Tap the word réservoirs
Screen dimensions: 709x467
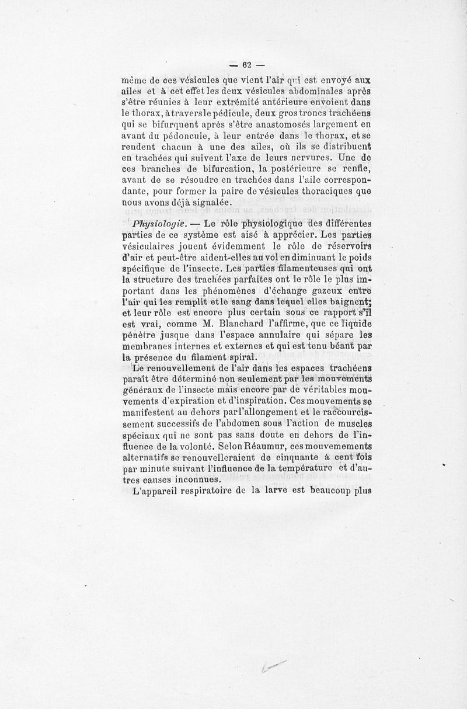344,245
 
